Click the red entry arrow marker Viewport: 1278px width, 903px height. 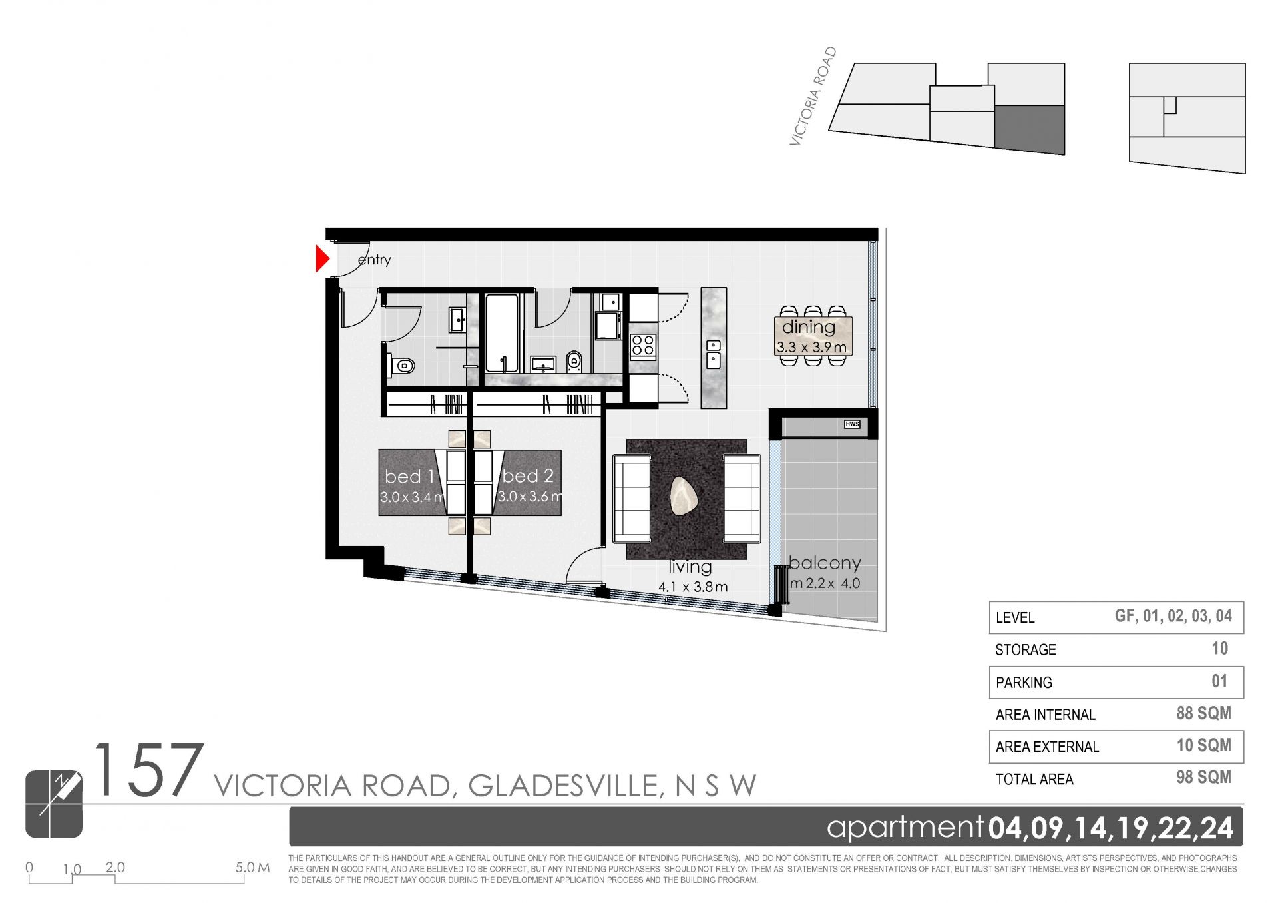click(x=322, y=259)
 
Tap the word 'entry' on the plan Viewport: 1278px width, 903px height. click(x=374, y=260)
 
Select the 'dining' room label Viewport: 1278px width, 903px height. click(x=808, y=327)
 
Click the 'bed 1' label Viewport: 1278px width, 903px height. click(x=409, y=476)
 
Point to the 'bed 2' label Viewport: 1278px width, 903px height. click(x=528, y=476)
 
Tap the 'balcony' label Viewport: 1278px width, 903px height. click(x=825, y=563)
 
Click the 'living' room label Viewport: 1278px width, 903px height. click(x=690, y=567)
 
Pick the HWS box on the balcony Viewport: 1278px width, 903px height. click(x=852, y=424)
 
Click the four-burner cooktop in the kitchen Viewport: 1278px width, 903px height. click(x=643, y=346)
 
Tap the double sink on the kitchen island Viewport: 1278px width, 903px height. click(x=713, y=353)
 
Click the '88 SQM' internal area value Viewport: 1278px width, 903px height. click(x=1203, y=713)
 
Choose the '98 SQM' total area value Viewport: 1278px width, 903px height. click(x=1203, y=777)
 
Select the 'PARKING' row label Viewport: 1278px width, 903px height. click(x=1024, y=683)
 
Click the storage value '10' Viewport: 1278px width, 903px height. click(x=1219, y=648)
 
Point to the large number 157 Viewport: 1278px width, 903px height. click(x=148, y=770)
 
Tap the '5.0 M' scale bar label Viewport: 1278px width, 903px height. click(x=252, y=868)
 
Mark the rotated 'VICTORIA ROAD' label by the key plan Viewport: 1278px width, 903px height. click(x=813, y=96)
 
